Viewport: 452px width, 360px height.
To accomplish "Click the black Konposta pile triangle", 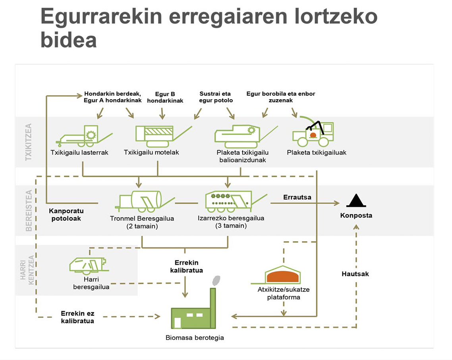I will [356, 201].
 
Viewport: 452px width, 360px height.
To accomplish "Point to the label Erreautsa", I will [297, 197].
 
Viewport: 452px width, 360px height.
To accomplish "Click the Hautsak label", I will [355, 274].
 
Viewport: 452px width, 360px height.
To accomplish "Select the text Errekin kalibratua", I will [186, 266].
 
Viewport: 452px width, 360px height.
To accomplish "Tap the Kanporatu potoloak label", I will [66, 215].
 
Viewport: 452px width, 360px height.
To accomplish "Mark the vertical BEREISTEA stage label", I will [28, 210].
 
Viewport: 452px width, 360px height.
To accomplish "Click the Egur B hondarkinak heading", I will [165, 97].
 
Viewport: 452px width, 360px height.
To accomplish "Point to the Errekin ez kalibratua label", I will [77, 317].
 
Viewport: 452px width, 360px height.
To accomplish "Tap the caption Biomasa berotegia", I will [195, 338].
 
